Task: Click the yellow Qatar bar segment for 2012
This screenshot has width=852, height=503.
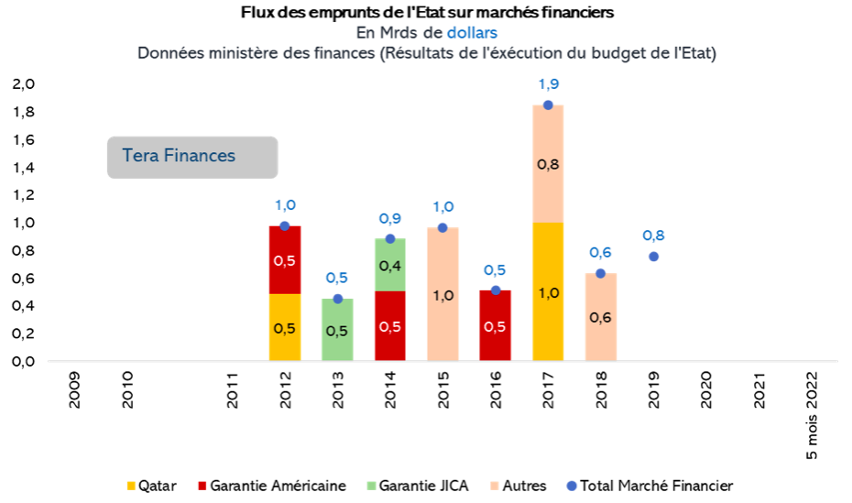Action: tap(285, 327)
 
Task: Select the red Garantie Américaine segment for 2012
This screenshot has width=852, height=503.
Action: tap(285, 259)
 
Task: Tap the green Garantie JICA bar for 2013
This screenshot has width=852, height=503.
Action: tap(337, 329)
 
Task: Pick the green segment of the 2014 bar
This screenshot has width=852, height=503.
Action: tap(390, 265)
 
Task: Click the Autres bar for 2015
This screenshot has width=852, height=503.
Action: tap(442, 294)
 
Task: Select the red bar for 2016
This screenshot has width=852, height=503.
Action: tap(496, 325)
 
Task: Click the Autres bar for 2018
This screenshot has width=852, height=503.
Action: tap(601, 316)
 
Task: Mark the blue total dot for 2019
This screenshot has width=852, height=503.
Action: tap(653, 256)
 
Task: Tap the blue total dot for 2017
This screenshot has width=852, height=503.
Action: tap(548, 105)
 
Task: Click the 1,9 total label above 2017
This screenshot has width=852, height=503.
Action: tap(548, 84)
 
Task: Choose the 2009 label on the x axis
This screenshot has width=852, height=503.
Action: tap(74, 388)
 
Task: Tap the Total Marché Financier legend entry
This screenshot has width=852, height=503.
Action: tap(651, 486)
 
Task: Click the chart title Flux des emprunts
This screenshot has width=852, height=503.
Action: tap(427, 13)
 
